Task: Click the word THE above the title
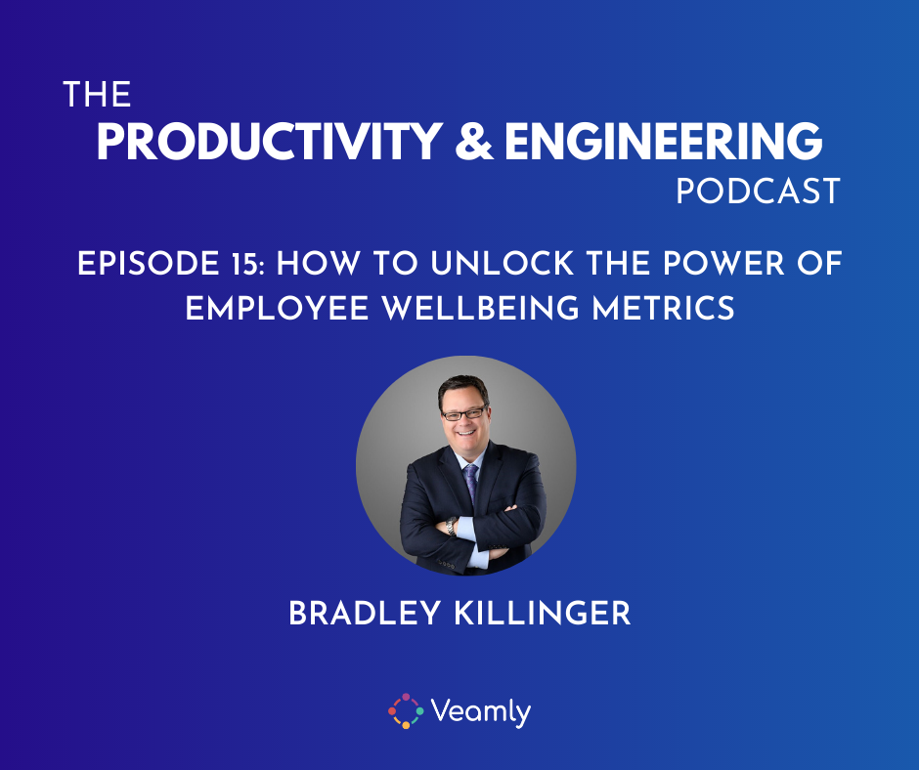(x=97, y=95)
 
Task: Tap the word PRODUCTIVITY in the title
(x=269, y=142)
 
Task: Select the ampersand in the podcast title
(x=473, y=142)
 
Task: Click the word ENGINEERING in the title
(x=664, y=142)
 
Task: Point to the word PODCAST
(x=759, y=192)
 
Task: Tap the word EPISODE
(x=149, y=264)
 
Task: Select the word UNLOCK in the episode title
(x=502, y=264)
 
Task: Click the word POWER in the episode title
(x=723, y=264)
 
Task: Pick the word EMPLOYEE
(x=277, y=308)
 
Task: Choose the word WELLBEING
(x=481, y=308)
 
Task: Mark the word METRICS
(x=663, y=308)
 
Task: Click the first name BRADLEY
(x=364, y=614)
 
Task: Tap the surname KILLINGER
(x=543, y=614)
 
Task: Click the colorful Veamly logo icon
(x=406, y=710)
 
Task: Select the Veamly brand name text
(x=481, y=712)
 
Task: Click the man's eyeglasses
(x=464, y=413)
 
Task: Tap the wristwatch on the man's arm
(x=451, y=526)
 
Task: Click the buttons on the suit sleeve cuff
(x=447, y=566)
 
